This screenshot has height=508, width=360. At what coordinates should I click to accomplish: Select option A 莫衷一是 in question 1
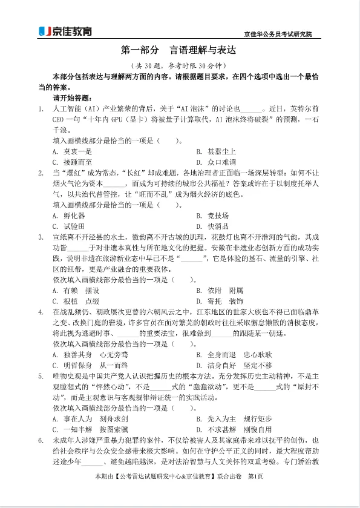pos(72,151)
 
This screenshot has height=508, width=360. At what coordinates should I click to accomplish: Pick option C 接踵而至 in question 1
pos(72,162)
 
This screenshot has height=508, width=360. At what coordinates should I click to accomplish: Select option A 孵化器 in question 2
pos(69,216)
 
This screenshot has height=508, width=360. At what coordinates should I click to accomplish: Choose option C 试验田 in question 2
pos(69,226)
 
